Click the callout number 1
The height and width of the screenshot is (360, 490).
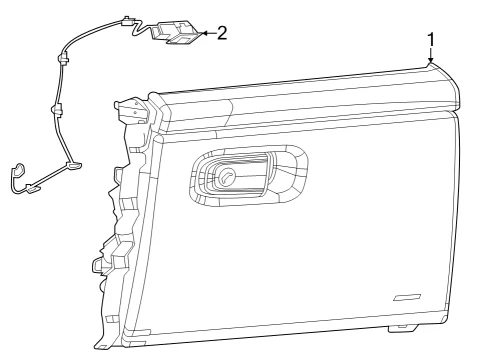(x=431, y=40)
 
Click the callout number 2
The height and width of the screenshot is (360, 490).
(x=222, y=33)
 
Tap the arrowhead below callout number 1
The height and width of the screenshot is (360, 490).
(x=431, y=59)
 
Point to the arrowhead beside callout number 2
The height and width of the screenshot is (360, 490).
(x=204, y=33)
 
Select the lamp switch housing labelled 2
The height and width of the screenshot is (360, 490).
(x=176, y=33)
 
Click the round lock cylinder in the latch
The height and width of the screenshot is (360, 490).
(x=226, y=175)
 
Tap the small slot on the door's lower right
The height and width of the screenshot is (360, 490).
(x=407, y=297)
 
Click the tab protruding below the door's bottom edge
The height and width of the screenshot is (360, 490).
(x=403, y=328)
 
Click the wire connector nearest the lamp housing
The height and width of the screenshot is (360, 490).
(x=127, y=21)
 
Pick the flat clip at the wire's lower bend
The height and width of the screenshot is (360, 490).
(x=74, y=165)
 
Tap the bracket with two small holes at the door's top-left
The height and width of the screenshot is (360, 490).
(x=132, y=109)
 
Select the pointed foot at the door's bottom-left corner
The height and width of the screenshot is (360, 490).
(x=103, y=344)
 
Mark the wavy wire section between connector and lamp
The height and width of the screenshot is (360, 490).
(x=142, y=29)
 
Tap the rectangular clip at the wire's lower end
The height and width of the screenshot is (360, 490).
(x=33, y=189)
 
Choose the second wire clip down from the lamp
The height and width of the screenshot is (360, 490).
(x=63, y=58)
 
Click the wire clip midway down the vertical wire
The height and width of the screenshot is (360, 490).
(x=56, y=109)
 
